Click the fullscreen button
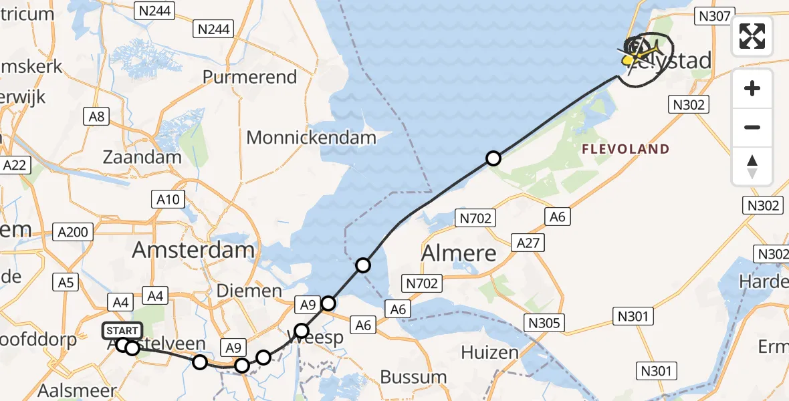752,36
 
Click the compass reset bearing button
752,166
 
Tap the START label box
122,331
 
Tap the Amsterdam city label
193,251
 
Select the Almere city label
459,253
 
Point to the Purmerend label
249,77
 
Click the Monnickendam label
312,138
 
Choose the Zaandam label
142,158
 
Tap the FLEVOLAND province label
625,149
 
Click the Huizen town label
489,352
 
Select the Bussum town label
414,376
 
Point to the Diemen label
249,291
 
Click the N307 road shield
715,16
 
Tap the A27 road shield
528,242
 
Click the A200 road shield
73,232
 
